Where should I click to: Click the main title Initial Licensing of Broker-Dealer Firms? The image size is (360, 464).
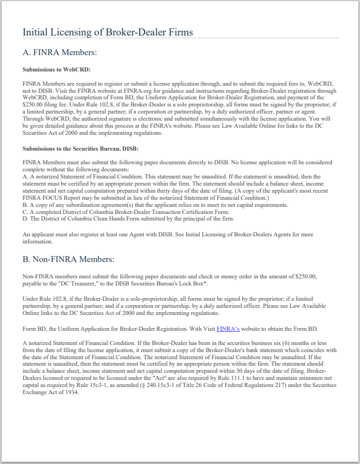pos(108,32)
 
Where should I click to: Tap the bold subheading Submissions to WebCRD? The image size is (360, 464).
pos(56,69)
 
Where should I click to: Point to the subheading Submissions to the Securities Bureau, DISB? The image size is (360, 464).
pos(81,148)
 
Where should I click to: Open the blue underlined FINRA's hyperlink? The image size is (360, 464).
pos(228,329)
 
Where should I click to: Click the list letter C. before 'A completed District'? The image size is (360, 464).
pos(26,211)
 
